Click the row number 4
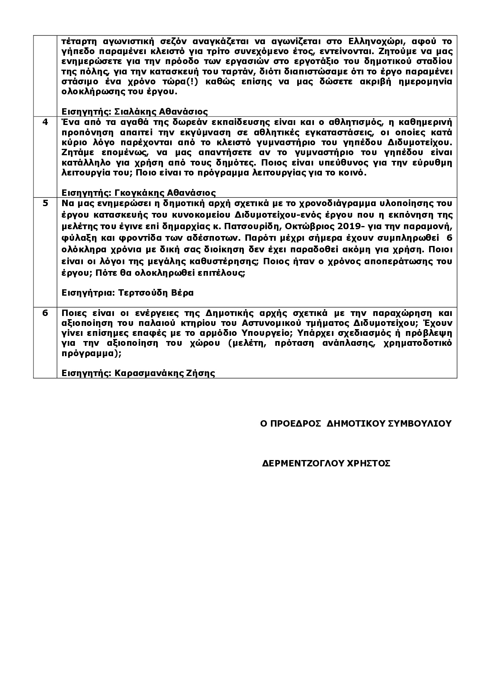click(x=45, y=122)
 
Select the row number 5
click(x=45, y=203)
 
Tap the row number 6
click(x=45, y=313)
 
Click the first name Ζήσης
click(x=204, y=373)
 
